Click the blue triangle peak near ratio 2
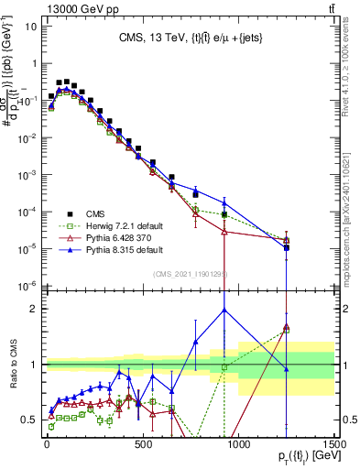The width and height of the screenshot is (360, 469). pos(224,310)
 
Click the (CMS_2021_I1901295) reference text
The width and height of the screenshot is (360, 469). pos(191,274)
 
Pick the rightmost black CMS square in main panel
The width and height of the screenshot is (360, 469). pos(287,247)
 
